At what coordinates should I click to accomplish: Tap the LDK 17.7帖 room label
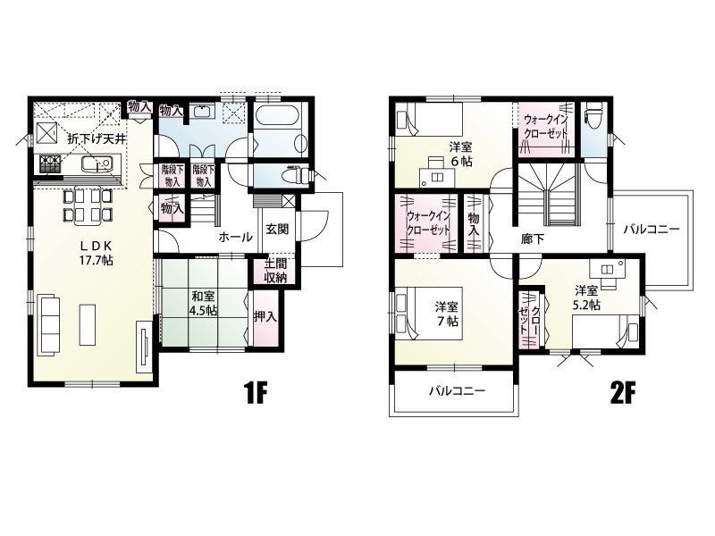96,253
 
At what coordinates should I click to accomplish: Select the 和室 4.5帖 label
204,304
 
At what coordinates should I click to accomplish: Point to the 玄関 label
277,229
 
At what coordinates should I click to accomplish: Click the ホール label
235,237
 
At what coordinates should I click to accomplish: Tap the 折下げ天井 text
97,139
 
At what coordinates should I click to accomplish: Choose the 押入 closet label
265,316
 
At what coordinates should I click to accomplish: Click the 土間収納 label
275,272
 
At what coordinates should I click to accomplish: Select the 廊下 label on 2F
533,239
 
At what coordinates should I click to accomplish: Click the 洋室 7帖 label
447,314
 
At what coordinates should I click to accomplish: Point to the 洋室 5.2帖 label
586,297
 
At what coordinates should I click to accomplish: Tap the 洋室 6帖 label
460,154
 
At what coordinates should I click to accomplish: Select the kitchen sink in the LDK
97,164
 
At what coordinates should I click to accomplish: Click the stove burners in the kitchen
50,164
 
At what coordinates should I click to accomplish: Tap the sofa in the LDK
50,324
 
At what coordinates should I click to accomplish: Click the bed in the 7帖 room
429,313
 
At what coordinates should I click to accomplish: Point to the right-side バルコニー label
652,229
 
